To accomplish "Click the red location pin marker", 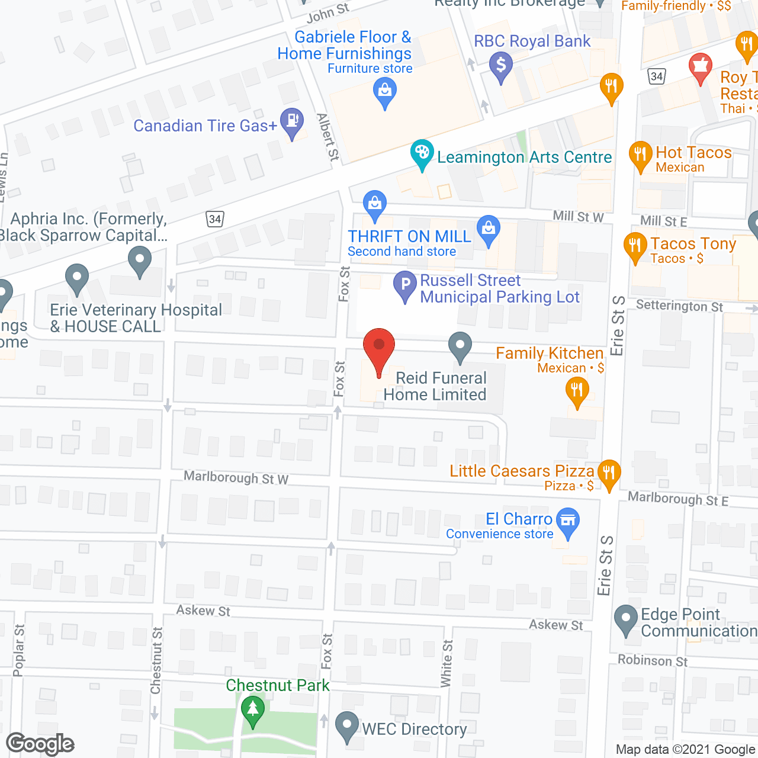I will click(378, 350).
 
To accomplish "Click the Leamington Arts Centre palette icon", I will click(422, 154).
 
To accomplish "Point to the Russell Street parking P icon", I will click(406, 286).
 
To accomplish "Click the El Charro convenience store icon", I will click(568, 522).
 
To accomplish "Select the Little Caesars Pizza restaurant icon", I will click(609, 474).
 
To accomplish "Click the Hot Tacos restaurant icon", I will click(640, 155).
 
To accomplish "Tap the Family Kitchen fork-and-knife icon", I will click(577, 392).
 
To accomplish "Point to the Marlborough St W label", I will click(236, 477).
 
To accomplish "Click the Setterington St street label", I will click(679, 306).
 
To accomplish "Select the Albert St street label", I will click(328, 137).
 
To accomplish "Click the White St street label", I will click(447, 663).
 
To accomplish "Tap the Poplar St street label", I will click(19, 650).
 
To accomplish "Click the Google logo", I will click(40, 744).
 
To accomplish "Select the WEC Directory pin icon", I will click(346, 727).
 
